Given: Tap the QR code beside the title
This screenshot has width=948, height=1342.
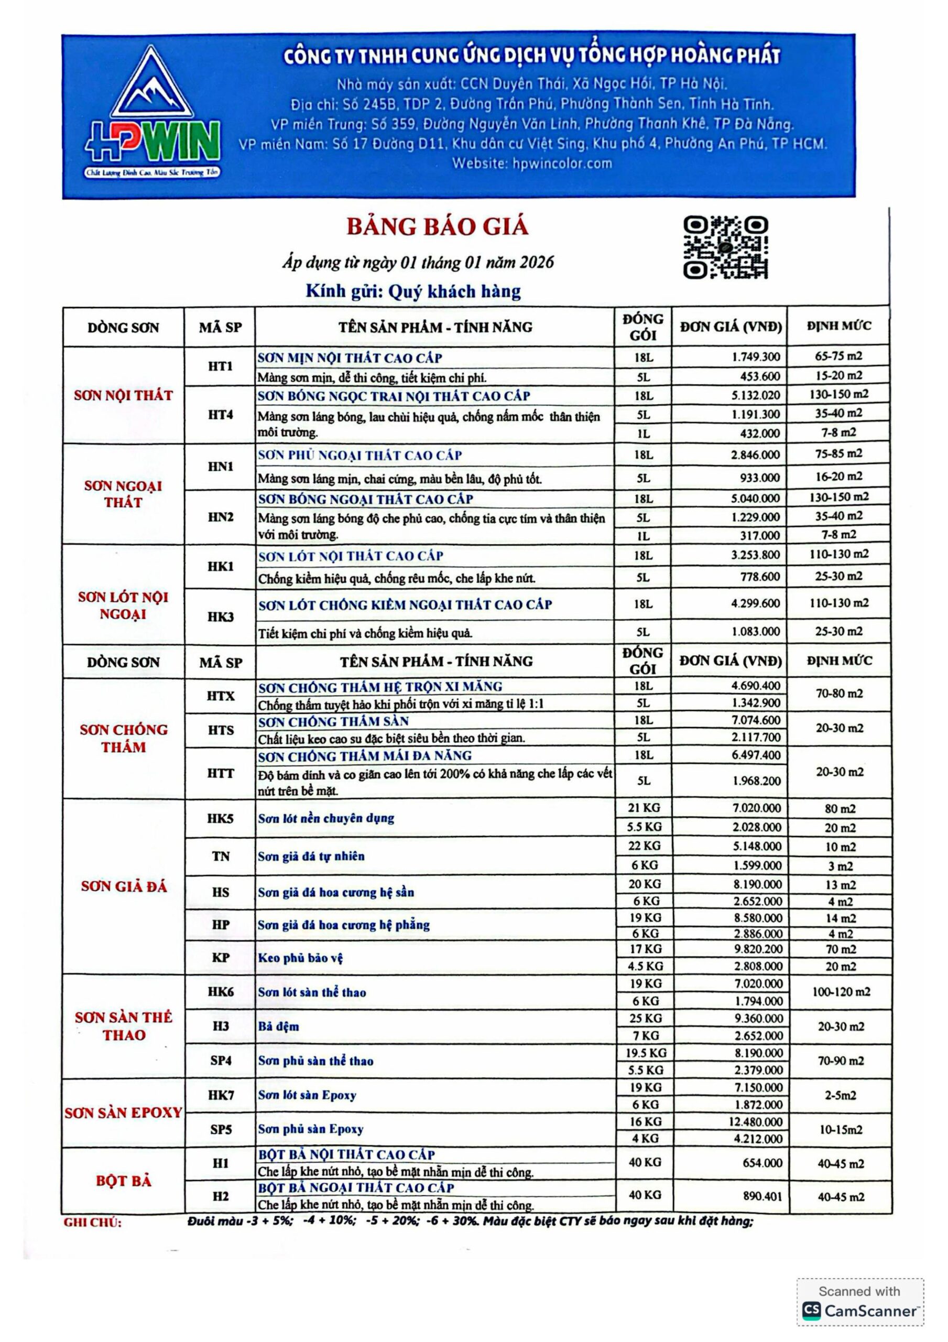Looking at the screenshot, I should [x=725, y=247].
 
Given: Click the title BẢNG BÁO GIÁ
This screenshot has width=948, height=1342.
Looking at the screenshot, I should [x=437, y=227].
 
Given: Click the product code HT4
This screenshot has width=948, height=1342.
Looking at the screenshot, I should [x=220, y=415].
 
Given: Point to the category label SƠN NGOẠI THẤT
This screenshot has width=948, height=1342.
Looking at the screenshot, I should [x=123, y=494].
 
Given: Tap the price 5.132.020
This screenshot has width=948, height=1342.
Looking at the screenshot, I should [x=755, y=395].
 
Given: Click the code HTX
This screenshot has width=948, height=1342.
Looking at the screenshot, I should [x=220, y=696].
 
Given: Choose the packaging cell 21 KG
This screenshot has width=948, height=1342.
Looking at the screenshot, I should [x=644, y=808].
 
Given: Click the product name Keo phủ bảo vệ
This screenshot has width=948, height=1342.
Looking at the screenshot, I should [x=300, y=958].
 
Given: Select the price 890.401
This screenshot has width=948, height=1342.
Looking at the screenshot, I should [x=762, y=1196].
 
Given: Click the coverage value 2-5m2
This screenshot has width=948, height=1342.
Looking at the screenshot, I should [x=841, y=1095].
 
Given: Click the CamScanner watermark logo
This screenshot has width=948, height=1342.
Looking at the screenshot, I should [x=859, y=1310].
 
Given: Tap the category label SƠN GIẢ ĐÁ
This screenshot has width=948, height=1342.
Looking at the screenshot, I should [x=123, y=886].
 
